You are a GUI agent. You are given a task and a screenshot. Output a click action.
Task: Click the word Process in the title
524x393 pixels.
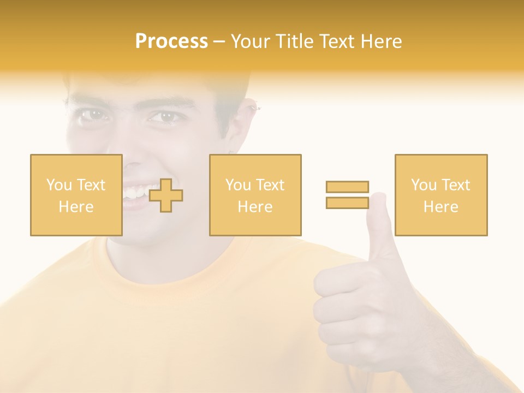coord(171,41)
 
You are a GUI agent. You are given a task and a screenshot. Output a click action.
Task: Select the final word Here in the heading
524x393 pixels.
coord(379,41)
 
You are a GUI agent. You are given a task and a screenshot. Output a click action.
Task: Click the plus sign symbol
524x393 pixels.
coord(166,195)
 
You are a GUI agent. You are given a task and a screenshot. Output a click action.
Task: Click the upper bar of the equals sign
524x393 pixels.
coord(347,187)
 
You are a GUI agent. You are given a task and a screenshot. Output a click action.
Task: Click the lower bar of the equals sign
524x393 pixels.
coord(347,203)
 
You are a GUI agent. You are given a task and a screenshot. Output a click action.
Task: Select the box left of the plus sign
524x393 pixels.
coord(76,195)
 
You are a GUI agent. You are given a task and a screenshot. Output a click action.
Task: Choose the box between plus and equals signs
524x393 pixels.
coord(255,195)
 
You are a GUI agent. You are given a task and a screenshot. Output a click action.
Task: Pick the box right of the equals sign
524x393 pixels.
coord(440,195)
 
